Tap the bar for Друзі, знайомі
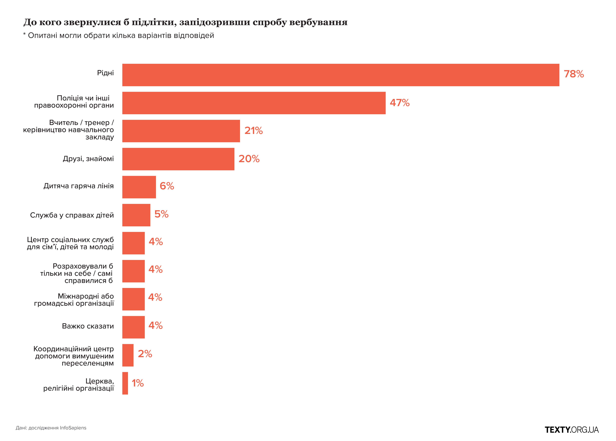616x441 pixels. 178,159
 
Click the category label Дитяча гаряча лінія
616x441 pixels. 78,186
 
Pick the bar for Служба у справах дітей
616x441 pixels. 136,215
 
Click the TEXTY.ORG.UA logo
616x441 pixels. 571,430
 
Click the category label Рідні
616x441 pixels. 105,73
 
